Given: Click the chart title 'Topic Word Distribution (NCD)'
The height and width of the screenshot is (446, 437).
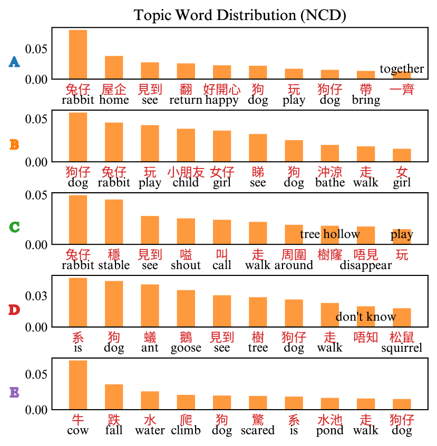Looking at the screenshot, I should tap(240, 15).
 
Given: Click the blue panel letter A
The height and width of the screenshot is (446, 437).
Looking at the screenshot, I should tap(14, 62).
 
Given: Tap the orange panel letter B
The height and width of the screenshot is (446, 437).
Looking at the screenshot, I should tap(14, 144).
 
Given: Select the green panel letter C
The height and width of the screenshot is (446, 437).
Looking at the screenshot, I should tap(14, 227).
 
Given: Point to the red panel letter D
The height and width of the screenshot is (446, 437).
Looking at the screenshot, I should tap(14, 310).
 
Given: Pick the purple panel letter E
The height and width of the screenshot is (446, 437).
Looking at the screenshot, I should tap(14, 392).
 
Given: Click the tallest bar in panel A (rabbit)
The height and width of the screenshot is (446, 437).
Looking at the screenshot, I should tap(78, 54).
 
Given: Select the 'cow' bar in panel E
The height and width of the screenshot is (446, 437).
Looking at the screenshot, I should tap(78, 384).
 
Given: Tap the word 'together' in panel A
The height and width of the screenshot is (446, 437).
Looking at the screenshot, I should tap(402, 69).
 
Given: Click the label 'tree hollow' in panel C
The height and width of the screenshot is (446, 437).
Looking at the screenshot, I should tap(330, 234).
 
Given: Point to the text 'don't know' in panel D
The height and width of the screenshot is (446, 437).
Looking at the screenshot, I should tap(365, 316).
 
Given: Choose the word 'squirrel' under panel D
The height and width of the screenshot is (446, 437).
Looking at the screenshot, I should tap(402, 348).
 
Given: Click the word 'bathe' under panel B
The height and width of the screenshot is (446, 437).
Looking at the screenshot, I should tap(330, 183).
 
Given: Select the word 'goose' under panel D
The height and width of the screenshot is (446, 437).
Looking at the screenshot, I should tap(186, 348).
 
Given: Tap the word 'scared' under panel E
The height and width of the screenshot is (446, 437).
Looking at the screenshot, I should tap(258, 430).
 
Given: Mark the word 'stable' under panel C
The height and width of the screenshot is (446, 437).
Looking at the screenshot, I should tap(114, 265).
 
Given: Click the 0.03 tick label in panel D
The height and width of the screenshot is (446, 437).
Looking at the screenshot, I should tap(37, 295).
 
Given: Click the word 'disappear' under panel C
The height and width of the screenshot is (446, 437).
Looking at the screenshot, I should tap(365, 265).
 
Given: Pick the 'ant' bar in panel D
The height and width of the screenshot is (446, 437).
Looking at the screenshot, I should tap(150, 305).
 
